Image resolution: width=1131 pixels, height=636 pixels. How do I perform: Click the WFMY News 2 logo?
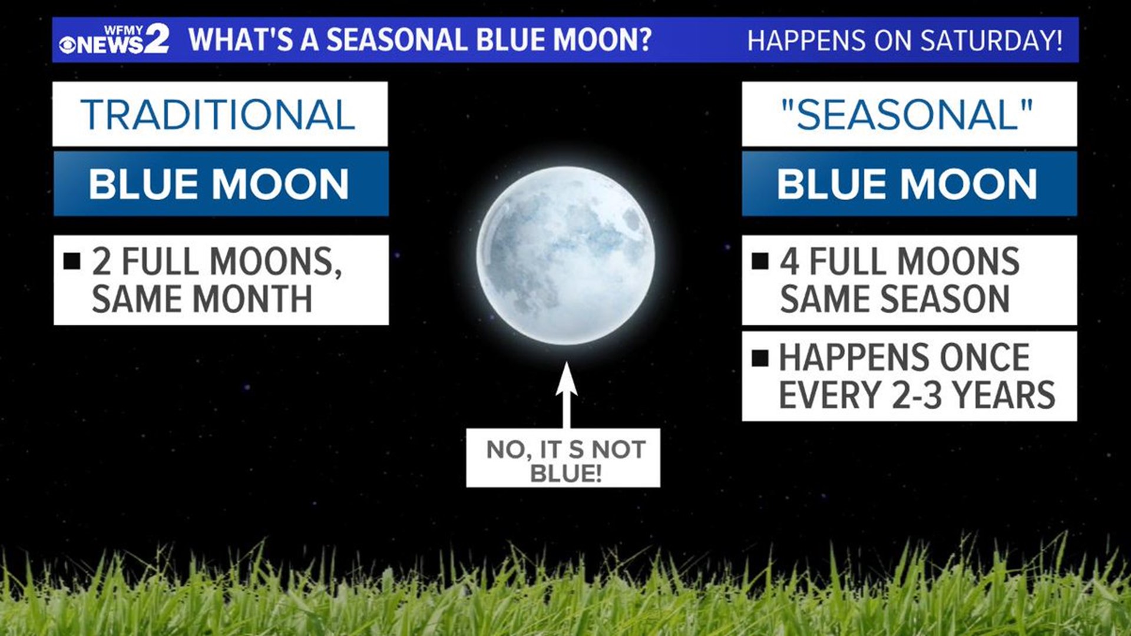(x=114, y=40)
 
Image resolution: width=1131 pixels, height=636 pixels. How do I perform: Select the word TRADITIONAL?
(x=219, y=115)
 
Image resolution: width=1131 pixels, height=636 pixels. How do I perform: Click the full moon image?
(x=565, y=256)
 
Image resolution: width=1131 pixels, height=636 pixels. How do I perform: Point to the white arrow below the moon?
(x=566, y=394)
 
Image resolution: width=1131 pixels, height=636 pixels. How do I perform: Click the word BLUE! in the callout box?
(x=565, y=473)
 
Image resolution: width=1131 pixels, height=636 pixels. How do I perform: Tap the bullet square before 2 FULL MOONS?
(x=72, y=261)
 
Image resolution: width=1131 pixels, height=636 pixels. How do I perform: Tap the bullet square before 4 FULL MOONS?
(x=760, y=261)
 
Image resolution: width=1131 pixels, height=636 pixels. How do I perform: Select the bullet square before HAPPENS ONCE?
(x=760, y=357)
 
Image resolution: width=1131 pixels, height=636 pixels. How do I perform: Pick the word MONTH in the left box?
(x=253, y=299)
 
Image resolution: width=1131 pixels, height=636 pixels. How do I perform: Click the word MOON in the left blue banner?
(x=280, y=184)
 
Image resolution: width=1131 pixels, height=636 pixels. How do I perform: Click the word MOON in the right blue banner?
(x=968, y=184)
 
